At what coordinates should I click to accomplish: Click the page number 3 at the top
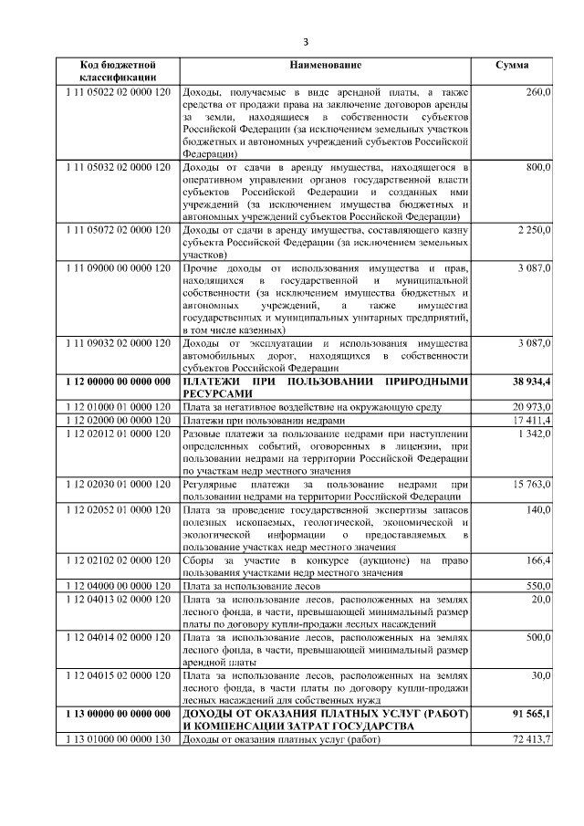tap(307, 42)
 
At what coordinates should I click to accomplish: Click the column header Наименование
tap(325, 66)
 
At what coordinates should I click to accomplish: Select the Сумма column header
tap(511, 66)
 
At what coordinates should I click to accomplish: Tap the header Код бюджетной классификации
tap(118, 72)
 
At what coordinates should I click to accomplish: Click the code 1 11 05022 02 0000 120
tap(118, 93)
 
